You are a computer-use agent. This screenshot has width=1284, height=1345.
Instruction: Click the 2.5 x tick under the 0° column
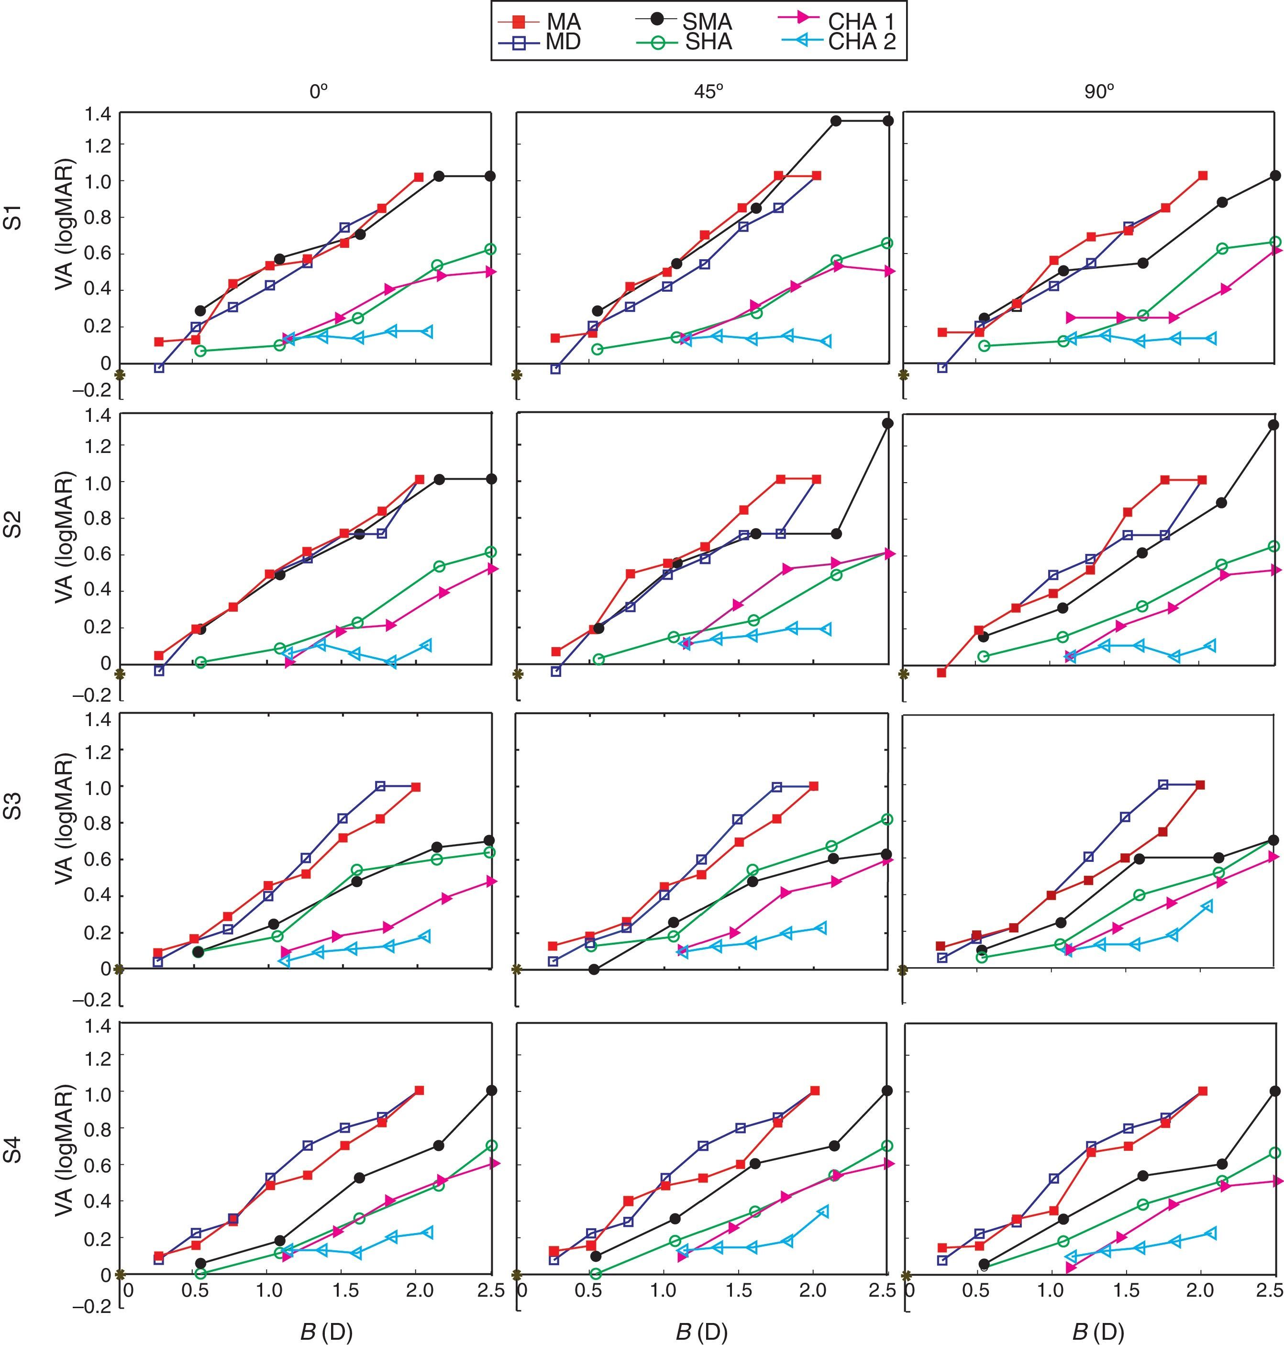click(x=490, y=1291)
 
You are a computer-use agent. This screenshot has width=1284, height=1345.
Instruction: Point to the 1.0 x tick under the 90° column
click(x=1048, y=1291)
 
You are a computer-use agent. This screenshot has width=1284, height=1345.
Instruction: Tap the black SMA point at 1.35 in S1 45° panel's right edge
click(x=888, y=121)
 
